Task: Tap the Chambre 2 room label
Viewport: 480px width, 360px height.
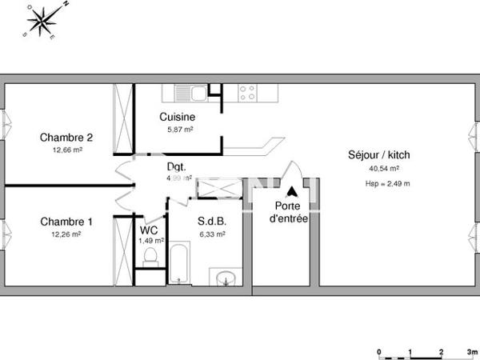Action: (x=61, y=137)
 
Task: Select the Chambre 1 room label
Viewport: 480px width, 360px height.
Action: (x=61, y=222)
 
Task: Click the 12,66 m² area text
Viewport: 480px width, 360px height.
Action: (x=67, y=149)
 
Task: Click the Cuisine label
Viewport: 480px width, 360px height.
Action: (x=177, y=117)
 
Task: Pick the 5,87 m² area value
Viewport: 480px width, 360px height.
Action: (x=179, y=129)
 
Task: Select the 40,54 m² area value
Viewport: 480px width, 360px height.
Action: (x=384, y=169)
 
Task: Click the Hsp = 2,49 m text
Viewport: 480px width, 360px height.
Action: (x=386, y=184)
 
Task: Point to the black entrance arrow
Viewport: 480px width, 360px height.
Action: (x=293, y=192)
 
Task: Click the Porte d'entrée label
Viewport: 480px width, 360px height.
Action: (x=288, y=211)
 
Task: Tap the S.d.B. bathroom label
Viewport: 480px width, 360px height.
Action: (x=212, y=222)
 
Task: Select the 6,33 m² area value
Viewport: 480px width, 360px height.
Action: (x=212, y=234)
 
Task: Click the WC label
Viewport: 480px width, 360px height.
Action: (x=149, y=229)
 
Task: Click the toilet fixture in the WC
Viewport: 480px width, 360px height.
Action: (x=149, y=258)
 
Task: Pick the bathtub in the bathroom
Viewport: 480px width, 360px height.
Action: (x=179, y=266)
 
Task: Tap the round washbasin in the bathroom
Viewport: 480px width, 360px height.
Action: (x=226, y=278)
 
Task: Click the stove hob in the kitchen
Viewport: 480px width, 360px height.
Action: (x=246, y=93)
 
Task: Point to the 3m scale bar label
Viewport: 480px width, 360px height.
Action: (x=472, y=351)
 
